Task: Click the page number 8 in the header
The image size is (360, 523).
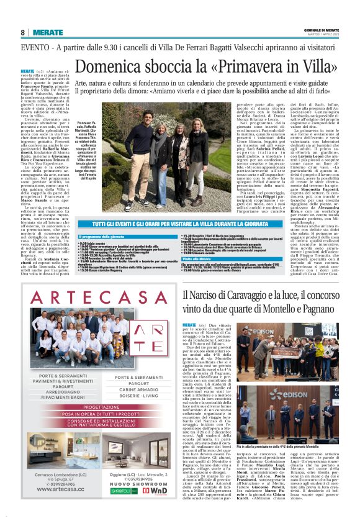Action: point(22,32)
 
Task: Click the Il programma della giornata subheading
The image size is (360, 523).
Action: point(103,237)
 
